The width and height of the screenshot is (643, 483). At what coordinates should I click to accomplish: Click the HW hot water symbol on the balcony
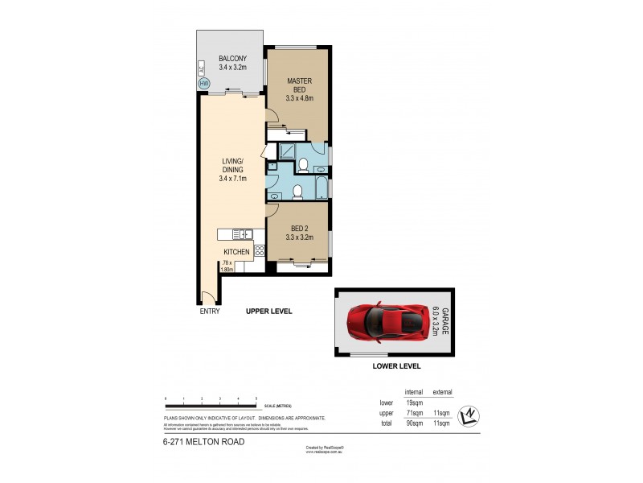pos(203,83)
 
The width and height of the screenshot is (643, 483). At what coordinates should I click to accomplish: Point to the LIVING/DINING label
pos(231,170)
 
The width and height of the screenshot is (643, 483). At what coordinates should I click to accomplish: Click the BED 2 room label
pos(298,233)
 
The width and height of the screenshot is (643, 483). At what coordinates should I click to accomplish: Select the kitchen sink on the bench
pos(242,234)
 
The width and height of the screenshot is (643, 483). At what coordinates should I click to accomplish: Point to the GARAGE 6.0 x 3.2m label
pos(440,321)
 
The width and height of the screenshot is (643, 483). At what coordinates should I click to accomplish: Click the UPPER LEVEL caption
pos(269,311)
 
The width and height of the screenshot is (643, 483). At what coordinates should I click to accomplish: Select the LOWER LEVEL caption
pos(397,365)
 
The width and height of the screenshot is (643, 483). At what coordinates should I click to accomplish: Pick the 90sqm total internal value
pos(414,423)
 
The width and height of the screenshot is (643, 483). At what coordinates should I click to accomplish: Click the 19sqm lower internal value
pos(414,402)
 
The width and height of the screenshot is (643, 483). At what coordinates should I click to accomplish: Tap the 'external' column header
pos(441,392)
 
